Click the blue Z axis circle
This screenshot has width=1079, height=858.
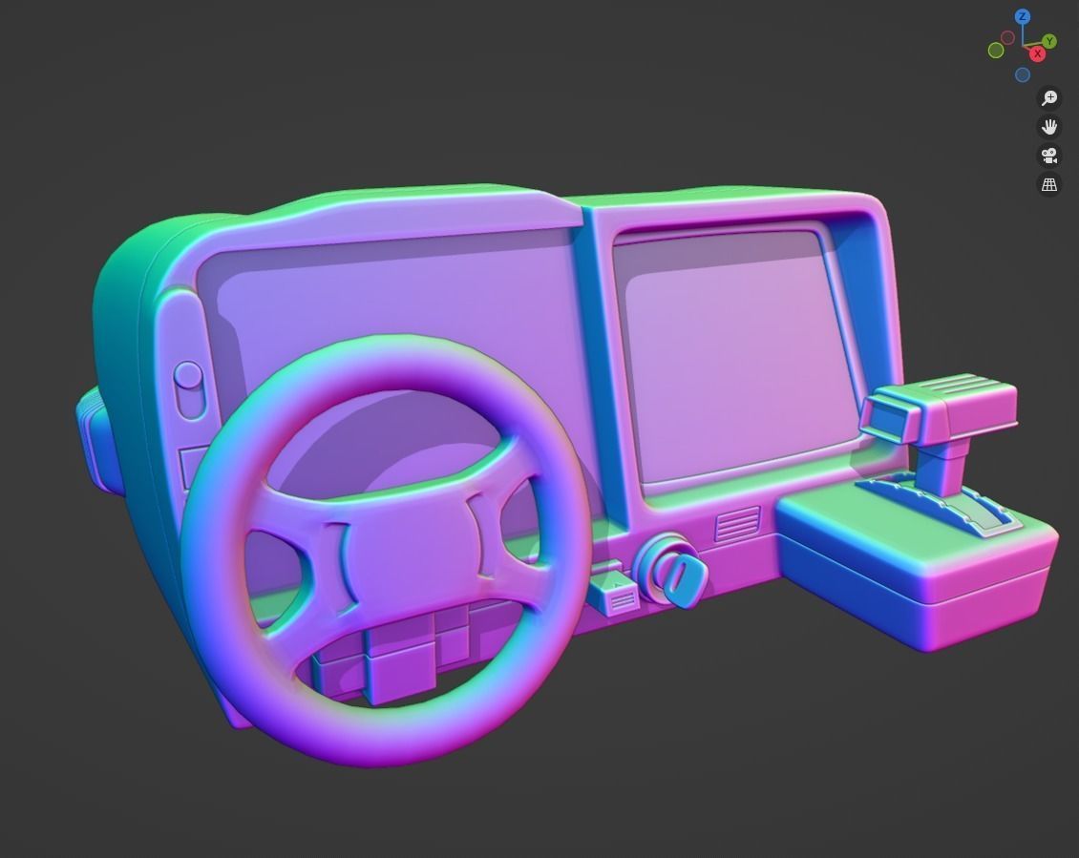[1023, 16]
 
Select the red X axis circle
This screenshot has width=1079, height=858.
[1037, 53]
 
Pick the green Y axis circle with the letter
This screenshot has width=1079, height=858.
[1049, 41]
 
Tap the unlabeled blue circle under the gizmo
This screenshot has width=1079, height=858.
[1023, 75]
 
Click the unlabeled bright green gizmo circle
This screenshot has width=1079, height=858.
[996, 51]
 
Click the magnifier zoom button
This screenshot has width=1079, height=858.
[1049, 98]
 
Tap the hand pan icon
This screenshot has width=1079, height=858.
[1049, 127]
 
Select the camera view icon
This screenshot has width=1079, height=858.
[1049, 156]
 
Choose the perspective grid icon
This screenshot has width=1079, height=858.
[1049, 184]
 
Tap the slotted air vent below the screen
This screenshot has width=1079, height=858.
[738, 524]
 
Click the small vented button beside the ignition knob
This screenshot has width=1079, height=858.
[616, 597]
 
